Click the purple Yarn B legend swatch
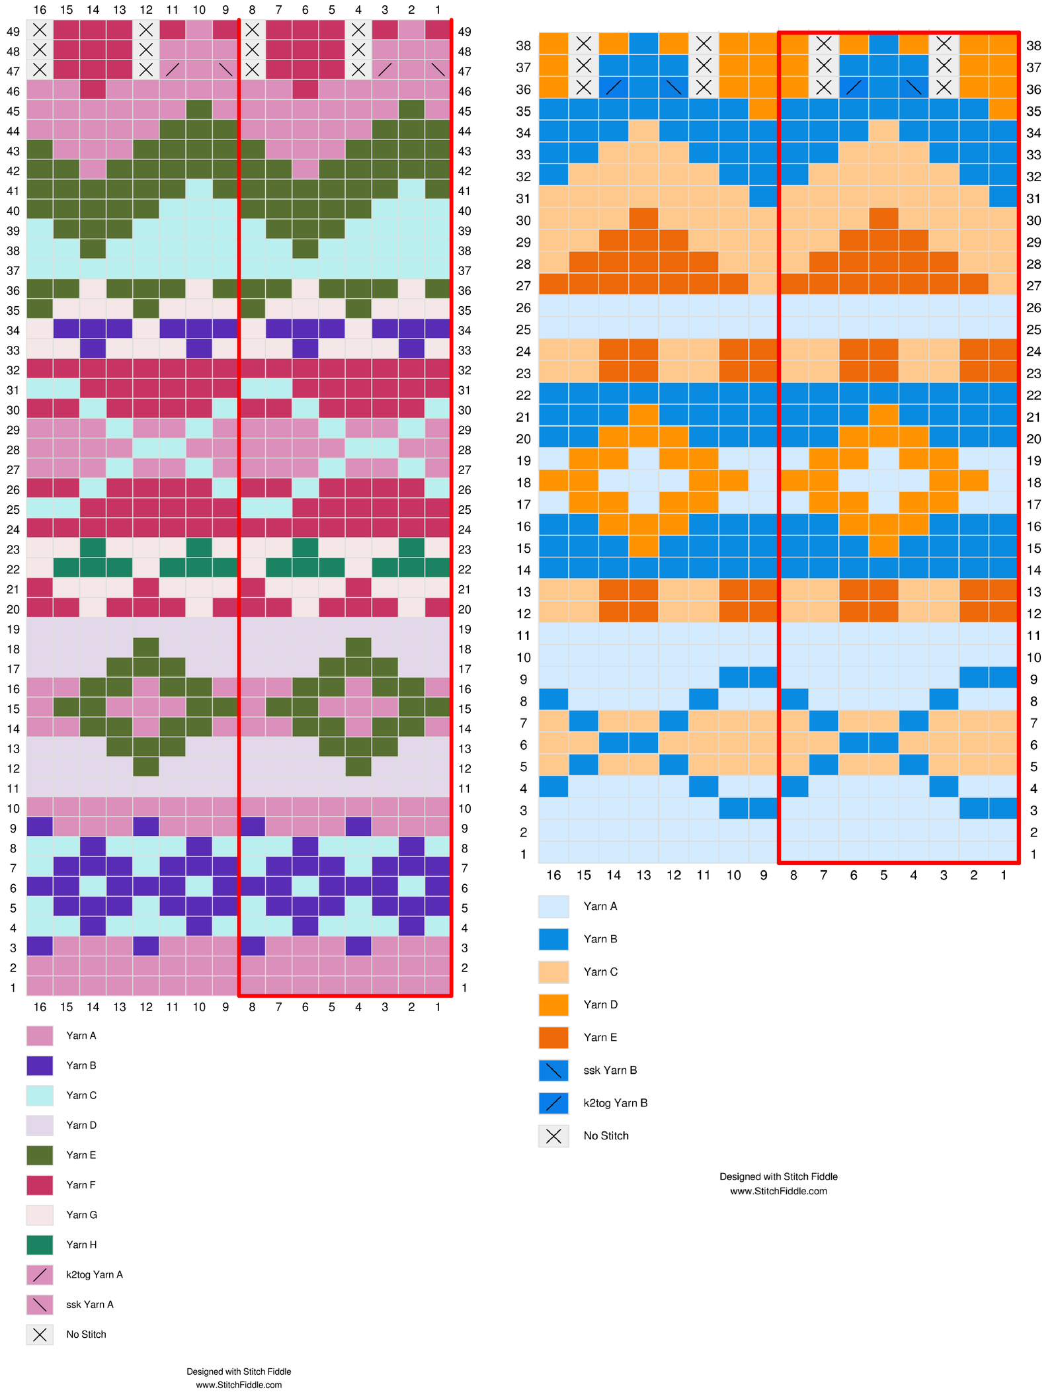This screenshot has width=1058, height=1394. click(x=40, y=1065)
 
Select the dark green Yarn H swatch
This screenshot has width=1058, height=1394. click(x=40, y=1245)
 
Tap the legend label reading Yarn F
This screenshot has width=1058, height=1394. click(x=81, y=1185)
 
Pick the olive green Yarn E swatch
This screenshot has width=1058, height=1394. click(x=40, y=1155)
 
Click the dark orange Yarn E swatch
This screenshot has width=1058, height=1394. click(x=553, y=1038)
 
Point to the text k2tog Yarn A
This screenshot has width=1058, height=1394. click(x=95, y=1274)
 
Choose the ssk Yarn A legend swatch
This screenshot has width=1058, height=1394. click(x=40, y=1305)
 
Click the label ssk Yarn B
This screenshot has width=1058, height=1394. click(x=610, y=1070)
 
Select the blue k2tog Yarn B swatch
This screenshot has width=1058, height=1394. click(x=553, y=1103)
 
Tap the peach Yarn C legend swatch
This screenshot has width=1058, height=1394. click(x=553, y=972)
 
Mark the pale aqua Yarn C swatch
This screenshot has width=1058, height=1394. click(x=40, y=1095)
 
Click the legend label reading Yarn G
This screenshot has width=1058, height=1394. click(x=81, y=1215)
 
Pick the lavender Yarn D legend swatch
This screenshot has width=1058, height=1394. click(x=40, y=1125)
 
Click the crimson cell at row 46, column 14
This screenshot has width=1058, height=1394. click(x=93, y=91)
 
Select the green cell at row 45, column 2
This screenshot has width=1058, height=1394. click(x=411, y=111)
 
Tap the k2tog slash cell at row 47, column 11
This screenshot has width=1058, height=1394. click(x=173, y=71)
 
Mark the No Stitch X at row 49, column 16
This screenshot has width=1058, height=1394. click(x=40, y=31)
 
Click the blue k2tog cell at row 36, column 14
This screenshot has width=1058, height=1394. click(x=614, y=89)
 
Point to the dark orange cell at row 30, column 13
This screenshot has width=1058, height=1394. click(x=643, y=220)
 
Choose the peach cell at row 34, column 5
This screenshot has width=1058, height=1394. click(x=883, y=133)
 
